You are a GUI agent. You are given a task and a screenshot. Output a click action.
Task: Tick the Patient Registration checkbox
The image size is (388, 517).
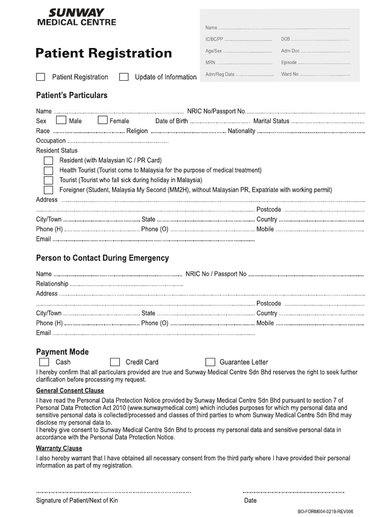click(x=40, y=77)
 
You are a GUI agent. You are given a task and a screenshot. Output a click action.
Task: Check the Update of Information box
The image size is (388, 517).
click(x=124, y=77)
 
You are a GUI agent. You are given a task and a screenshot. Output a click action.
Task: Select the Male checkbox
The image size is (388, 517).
click(x=61, y=121)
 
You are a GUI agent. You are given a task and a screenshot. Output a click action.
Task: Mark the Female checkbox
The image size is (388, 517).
click(x=103, y=121)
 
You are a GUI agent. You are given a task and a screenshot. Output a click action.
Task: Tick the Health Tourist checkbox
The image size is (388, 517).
click(x=48, y=170)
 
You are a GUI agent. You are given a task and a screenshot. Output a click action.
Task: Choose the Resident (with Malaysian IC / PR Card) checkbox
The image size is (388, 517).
click(x=48, y=160)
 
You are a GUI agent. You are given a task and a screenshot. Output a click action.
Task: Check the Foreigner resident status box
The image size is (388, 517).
click(x=48, y=190)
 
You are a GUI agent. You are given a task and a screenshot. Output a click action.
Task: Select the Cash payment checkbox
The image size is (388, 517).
click(x=44, y=362)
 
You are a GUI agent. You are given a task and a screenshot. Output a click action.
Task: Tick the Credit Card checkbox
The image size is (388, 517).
click(x=115, y=362)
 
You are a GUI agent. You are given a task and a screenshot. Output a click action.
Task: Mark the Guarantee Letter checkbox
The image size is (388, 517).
click(x=210, y=362)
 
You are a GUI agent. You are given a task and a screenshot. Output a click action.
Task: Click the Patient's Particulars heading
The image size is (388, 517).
click(x=72, y=95)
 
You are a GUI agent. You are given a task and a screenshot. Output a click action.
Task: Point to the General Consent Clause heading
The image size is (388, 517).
click(x=70, y=391)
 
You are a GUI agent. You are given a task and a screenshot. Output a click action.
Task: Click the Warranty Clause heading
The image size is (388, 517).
click(x=59, y=448)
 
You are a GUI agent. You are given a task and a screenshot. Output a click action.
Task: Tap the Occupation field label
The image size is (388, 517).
click(x=51, y=141)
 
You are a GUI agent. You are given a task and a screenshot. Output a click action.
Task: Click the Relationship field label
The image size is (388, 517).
click(x=52, y=284)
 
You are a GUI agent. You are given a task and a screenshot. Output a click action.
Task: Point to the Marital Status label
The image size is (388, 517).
click(x=271, y=121)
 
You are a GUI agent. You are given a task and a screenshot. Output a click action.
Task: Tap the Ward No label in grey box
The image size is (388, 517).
click(x=290, y=74)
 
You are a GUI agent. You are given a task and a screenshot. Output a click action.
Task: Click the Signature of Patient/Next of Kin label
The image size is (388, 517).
click(x=77, y=500)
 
